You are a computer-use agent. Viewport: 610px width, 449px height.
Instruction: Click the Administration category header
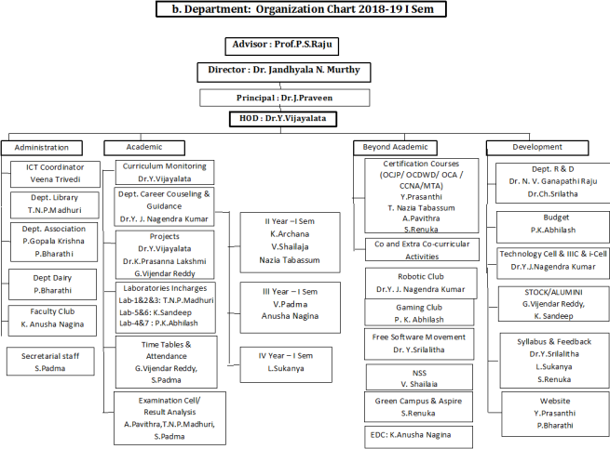click(x=42, y=147)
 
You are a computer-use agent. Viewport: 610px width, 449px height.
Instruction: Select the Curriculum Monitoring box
click(x=165, y=172)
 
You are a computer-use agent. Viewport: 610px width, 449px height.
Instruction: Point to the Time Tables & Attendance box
click(x=164, y=358)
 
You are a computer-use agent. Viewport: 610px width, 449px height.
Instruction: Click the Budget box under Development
click(x=549, y=224)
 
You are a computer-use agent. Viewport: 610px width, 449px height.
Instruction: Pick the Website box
click(x=549, y=412)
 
